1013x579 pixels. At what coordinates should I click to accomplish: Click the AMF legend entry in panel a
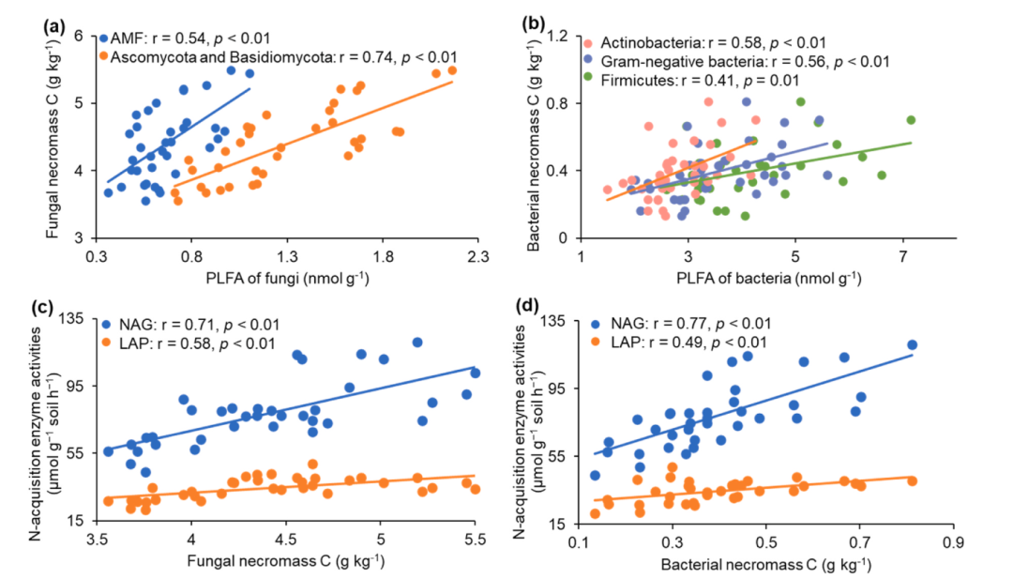184,38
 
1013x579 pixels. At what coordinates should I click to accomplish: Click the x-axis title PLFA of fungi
288,277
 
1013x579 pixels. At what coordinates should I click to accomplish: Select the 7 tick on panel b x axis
902,254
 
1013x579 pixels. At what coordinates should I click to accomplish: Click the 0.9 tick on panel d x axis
954,541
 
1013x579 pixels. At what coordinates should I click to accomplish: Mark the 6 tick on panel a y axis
80,36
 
